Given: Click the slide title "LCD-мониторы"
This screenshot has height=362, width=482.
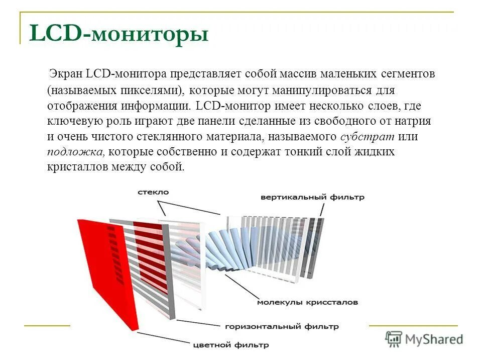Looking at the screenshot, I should [x=119, y=34].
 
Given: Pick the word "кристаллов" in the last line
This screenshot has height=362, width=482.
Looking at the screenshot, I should [x=72, y=167].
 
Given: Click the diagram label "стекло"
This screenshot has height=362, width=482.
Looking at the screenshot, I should [x=153, y=192].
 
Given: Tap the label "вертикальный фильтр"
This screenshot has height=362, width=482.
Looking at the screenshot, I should [x=312, y=198].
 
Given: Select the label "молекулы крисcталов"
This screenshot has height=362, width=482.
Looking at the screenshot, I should [x=307, y=303].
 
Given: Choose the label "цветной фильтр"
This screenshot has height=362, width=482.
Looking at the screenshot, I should [x=230, y=345].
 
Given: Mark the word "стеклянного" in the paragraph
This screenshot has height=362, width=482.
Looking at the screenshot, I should [x=167, y=136].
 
